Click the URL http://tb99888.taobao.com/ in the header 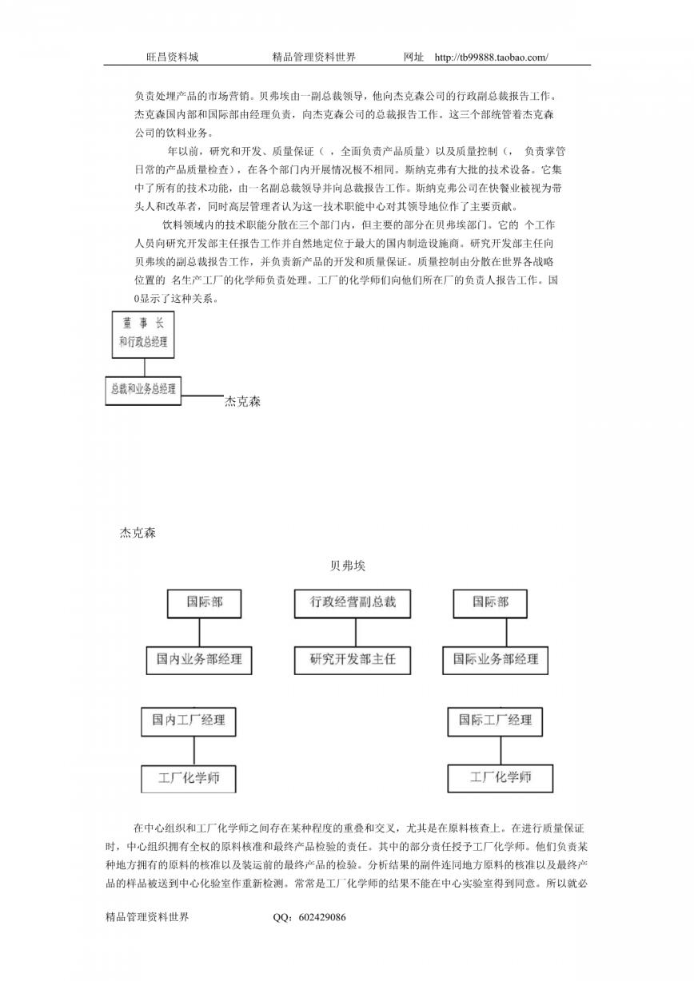(x=492, y=57)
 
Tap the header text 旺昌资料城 (x=172, y=57)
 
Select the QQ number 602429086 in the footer (x=322, y=917)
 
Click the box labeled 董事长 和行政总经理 (x=143, y=335)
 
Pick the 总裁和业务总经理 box (x=143, y=390)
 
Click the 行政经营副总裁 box (x=353, y=603)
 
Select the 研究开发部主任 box (x=353, y=661)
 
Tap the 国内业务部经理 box (x=199, y=661)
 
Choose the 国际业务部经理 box (x=496, y=661)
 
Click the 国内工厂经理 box (x=189, y=721)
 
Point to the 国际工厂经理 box (x=495, y=721)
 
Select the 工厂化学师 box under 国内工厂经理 (x=189, y=779)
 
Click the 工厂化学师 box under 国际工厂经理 (x=501, y=778)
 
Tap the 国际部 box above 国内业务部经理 (x=205, y=603)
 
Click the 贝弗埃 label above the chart (x=348, y=566)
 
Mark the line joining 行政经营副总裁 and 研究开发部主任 (x=355, y=633)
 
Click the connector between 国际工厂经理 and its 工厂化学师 (x=501, y=751)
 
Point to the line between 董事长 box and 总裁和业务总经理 (x=145, y=367)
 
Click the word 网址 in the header (x=413, y=57)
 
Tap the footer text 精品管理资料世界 (x=147, y=917)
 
